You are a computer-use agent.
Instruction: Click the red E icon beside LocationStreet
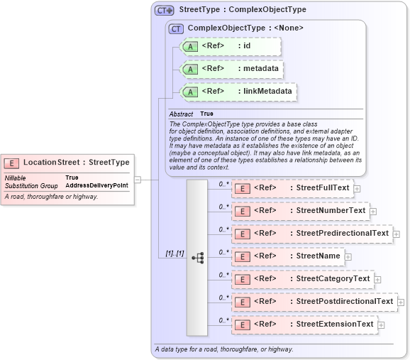pyautogui.click(x=13, y=162)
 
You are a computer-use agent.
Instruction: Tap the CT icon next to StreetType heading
pyautogui.click(x=165, y=11)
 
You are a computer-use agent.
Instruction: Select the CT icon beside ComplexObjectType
pyautogui.click(x=176, y=28)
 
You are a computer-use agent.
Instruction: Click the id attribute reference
pyautogui.click(x=231, y=47)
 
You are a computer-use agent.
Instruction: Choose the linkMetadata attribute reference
pyautogui.click(x=237, y=92)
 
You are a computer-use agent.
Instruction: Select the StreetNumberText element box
pyautogui.click(x=300, y=211)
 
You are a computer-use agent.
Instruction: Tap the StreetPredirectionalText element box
pyautogui.click(x=311, y=233)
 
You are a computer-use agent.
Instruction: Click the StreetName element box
pyautogui.click(x=287, y=256)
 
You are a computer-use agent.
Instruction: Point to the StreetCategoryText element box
pyautogui.click(x=302, y=279)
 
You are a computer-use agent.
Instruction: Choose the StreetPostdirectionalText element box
pyautogui.click(x=314, y=302)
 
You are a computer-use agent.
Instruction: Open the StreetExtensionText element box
pyautogui.click(x=304, y=324)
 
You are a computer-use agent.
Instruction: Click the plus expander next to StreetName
pyautogui.click(x=348, y=256)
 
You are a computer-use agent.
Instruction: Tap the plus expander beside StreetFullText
pyautogui.click(x=357, y=189)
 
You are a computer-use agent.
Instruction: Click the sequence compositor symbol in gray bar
pyautogui.click(x=197, y=257)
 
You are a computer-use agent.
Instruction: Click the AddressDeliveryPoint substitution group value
pyautogui.click(x=96, y=185)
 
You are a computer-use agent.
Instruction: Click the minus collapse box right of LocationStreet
pyautogui.click(x=138, y=179)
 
